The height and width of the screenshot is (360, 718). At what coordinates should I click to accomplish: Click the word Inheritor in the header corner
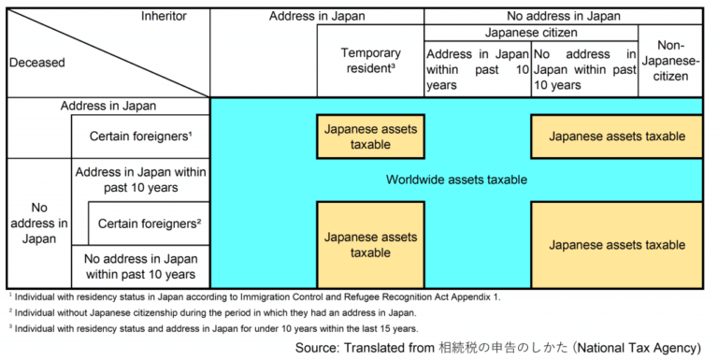pos(165,16)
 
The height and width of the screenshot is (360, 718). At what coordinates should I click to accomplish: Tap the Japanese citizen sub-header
pos(530,32)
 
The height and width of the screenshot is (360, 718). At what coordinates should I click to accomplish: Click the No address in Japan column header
pos(564,16)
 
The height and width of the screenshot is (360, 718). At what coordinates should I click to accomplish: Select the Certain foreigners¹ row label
pos(141,137)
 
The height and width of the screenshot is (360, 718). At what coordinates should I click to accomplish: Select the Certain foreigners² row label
pos(149,224)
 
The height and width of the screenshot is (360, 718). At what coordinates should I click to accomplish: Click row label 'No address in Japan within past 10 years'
pos(140,266)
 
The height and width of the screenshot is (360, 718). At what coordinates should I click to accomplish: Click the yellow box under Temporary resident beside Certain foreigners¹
pos(370,137)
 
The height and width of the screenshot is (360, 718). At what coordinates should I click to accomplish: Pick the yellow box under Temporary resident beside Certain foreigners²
pos(370,245)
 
